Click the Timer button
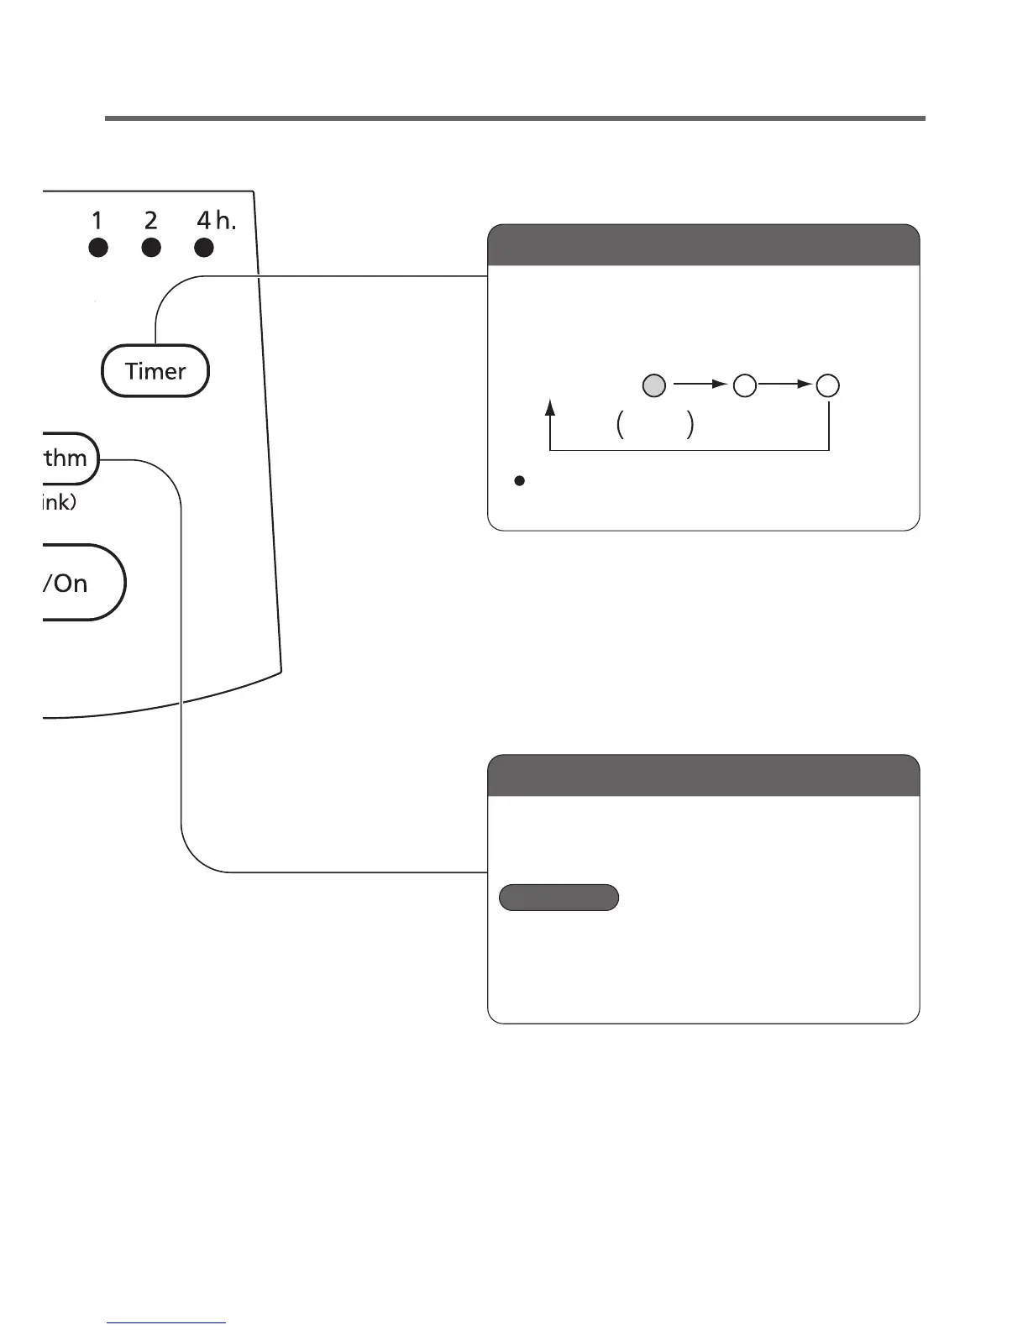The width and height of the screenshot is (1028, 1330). tap(155, 371)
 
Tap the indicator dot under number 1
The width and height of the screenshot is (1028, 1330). tap(98, 248)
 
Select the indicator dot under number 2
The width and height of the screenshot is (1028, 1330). tap(151, 248)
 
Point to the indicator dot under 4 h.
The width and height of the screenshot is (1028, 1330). tap(204, 248)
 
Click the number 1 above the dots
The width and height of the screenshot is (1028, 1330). tap(97, 221)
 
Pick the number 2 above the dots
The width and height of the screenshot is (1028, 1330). tap(151, 221)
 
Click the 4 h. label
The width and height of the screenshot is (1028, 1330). tap(216, 221)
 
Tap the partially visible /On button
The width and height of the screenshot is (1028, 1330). tap(80, 583)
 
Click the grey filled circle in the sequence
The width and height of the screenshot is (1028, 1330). tap(654, 385)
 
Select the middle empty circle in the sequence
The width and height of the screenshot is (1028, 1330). tap(745, 385)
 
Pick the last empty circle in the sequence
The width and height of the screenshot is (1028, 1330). tap(828, 385)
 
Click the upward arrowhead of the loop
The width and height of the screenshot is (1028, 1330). tap(550, 407)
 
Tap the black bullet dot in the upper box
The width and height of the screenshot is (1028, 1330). tap(519, 481)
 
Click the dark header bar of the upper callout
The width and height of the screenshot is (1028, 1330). tap(703, 245)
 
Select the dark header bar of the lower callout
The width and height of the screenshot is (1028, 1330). tap(703, 775)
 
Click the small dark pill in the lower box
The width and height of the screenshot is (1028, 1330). tap(559, 898)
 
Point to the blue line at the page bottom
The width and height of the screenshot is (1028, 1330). tap(166, 1322)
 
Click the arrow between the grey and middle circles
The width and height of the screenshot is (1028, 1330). tap(700, 385)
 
